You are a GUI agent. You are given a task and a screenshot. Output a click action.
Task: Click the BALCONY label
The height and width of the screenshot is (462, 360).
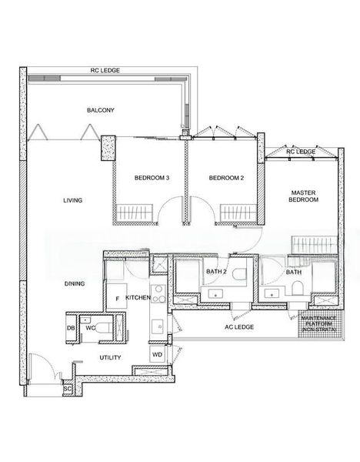click(x=100, y=111)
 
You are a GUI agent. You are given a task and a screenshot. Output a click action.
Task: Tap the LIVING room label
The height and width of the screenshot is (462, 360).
click(x=72, y=200)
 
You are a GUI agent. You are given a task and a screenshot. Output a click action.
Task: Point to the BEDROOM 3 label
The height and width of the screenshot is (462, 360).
click(x=152, y=178)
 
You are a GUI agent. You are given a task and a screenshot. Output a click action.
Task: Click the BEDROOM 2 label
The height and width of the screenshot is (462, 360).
click(x=226, y=178)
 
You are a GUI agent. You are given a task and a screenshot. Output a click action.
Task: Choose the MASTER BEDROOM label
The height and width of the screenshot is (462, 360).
click(x=303, y=196)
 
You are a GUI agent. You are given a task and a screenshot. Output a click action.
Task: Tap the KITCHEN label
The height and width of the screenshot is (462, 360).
click(x=138, y=297)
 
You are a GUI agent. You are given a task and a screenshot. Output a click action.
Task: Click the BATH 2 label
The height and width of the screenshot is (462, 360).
click(x=216, y=272)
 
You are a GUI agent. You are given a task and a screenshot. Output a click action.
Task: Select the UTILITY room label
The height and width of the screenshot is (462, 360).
click(x=109, y=357)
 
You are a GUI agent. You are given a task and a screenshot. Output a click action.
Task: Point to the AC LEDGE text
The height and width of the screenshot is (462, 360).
click(x=238, y=327)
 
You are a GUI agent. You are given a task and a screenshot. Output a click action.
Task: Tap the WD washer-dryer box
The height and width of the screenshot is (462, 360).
click(x=156, y=354)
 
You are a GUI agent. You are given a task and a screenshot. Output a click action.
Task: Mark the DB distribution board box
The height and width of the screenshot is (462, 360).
click(x=71, y=328)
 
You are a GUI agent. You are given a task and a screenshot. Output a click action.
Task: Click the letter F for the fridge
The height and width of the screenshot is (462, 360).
click(x=116, y=297)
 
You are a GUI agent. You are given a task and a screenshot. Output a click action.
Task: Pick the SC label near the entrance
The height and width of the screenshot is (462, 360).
click(x=67, y=390)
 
